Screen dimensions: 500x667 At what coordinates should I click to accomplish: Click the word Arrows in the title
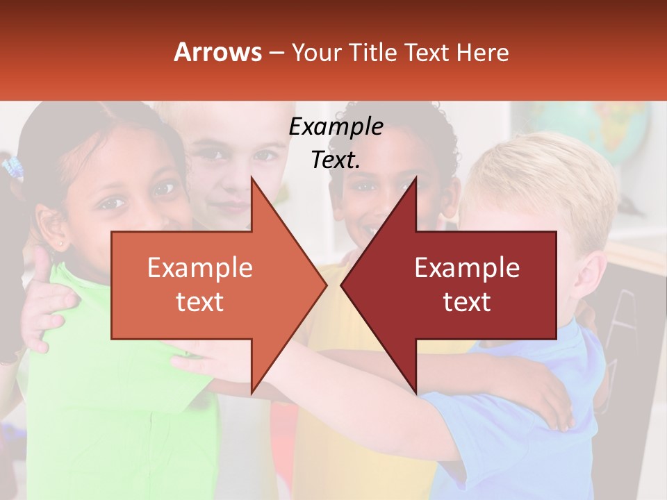coord(217,52)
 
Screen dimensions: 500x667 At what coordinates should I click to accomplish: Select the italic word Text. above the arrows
coord(336,160)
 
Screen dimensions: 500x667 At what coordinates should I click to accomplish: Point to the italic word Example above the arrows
coord(336,127)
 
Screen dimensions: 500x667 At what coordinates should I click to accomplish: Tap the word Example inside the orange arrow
coord(200,268)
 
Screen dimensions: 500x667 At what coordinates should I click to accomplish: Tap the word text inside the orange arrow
coord(200,302)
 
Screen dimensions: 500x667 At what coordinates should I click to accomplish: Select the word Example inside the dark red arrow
coord(467,268)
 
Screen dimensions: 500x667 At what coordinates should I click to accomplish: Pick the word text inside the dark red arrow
coord(467,302)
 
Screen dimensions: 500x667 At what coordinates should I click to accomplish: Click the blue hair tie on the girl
coord(13,167)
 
